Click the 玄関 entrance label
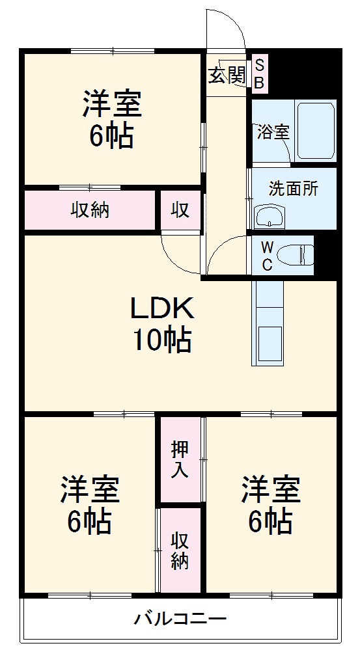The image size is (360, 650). [x=227, y=75]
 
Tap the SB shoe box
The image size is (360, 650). [x=259, y=74]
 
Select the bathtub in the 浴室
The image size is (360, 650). [x=315, y=131]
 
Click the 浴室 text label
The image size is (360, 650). [x=273, y=132]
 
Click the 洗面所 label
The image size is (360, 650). [x=294, y=189]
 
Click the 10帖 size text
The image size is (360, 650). [x=163, y=340]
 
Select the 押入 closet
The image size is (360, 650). [x=180, y=459]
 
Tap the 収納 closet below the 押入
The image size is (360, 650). [x=180, y=550]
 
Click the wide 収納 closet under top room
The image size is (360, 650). [x=90, y=210]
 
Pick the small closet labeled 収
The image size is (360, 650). [x=180, y=210]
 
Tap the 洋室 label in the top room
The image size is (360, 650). [x=111, y=105]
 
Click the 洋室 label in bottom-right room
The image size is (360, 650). [x=271, y=489]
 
